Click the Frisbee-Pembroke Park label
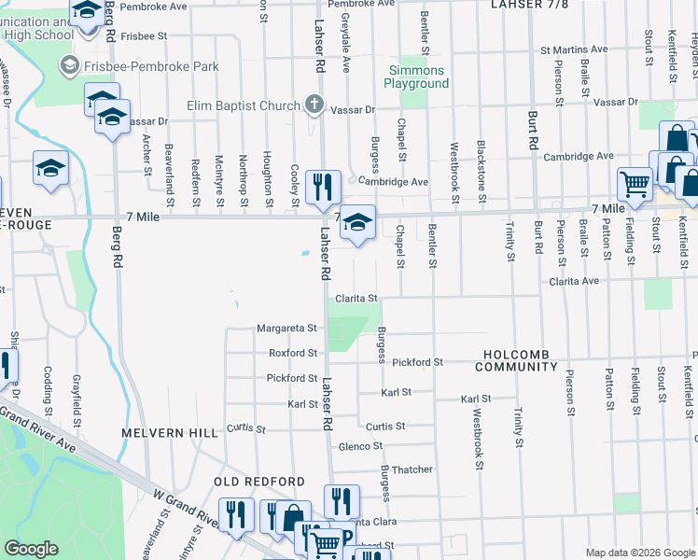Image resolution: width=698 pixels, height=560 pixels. click(139, 66)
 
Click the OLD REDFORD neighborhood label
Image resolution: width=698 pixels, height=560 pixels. click(259, 482)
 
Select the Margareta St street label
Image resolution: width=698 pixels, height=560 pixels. click(287, 329)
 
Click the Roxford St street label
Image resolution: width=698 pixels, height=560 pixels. click(293, 354)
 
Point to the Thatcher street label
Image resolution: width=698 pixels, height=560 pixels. click(412, 469)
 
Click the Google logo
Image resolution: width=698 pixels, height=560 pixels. click(32, 550)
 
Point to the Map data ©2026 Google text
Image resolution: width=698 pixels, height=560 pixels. click(640, 553)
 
